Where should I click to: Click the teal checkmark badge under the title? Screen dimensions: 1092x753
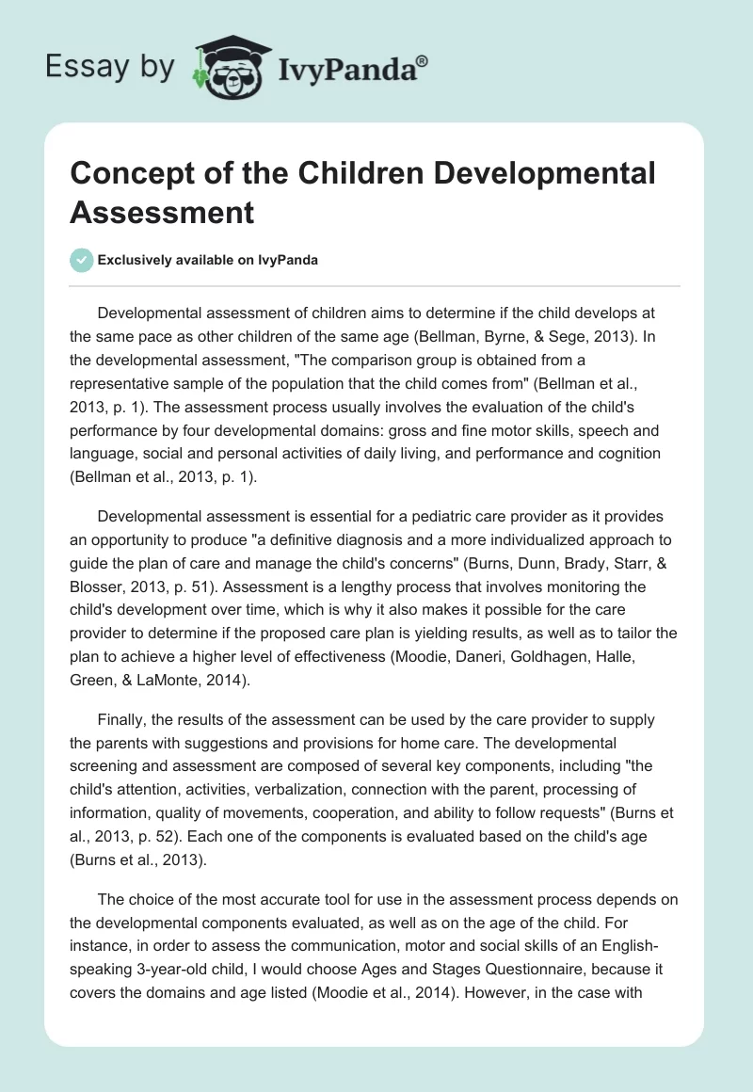82,260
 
